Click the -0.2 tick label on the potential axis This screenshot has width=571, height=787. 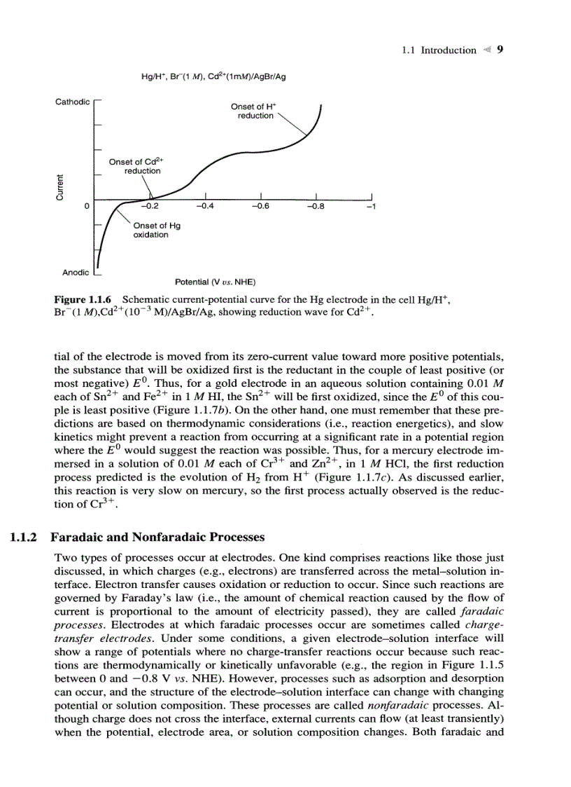pos(149,207)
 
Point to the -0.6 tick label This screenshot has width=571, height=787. pos(260,207)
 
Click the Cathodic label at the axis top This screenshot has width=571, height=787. pos(72,102)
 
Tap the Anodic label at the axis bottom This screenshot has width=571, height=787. pos(76,271)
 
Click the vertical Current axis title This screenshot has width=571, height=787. pos(61,186)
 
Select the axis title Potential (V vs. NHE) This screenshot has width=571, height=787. pos(215,282)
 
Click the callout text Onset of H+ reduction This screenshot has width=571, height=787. pos(255,111)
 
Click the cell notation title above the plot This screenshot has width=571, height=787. pos(213,77)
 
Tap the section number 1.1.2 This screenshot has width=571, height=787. pos(25,538)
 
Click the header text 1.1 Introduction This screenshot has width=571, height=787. pos(439,50)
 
